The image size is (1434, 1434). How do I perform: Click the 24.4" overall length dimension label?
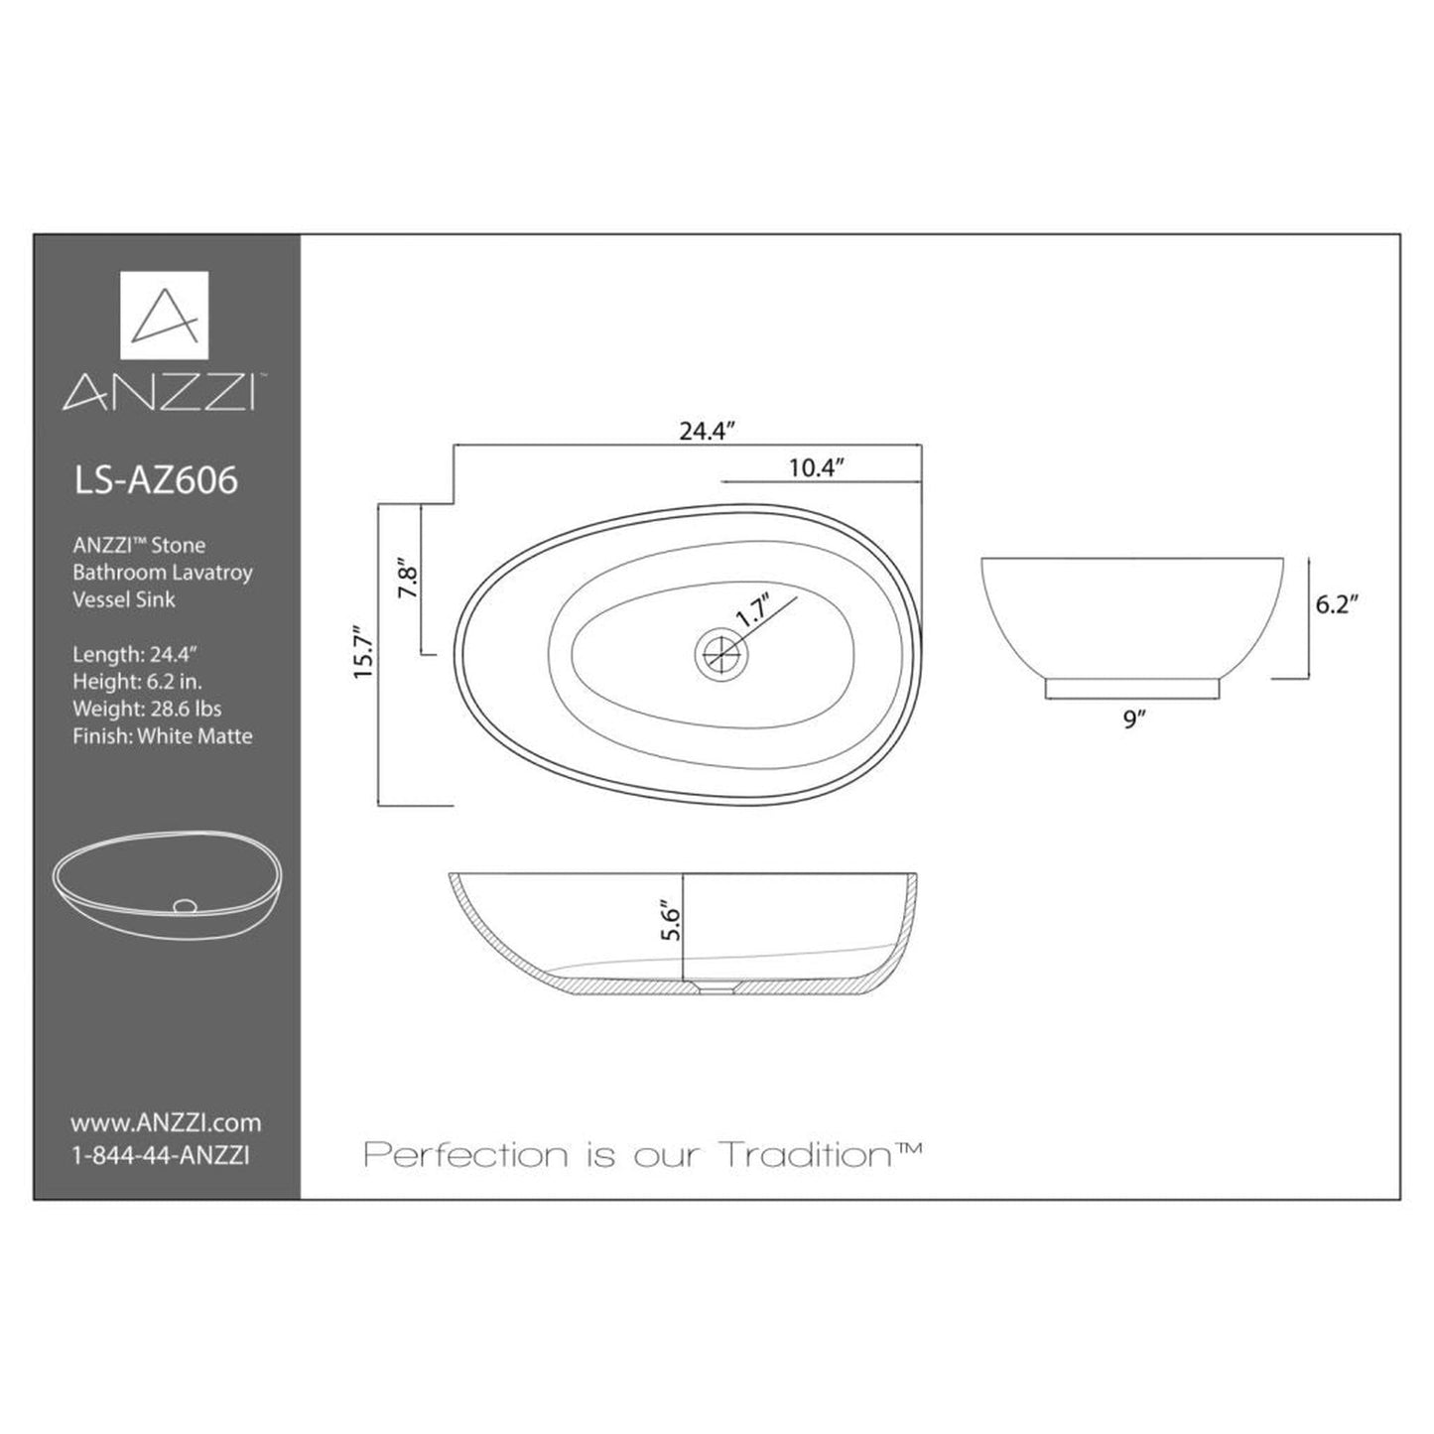(x=705, y=431)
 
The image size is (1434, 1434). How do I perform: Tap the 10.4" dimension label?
(x=816, y=467)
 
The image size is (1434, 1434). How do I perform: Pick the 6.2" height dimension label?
(x=1336, y=604)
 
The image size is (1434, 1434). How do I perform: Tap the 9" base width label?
(x=1133, y=719)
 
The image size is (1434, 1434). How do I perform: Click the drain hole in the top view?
(x=718, y=652)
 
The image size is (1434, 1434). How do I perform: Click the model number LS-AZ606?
(x=156, y=480)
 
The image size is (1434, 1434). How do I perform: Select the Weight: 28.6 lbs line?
(x=147, y=709)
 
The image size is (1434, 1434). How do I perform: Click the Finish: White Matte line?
(x=162, y=735)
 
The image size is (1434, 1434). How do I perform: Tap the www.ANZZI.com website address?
(x=166, y=1122)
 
